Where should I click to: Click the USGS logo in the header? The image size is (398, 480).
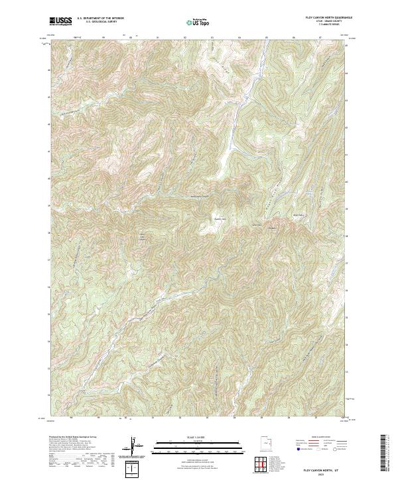60,21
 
